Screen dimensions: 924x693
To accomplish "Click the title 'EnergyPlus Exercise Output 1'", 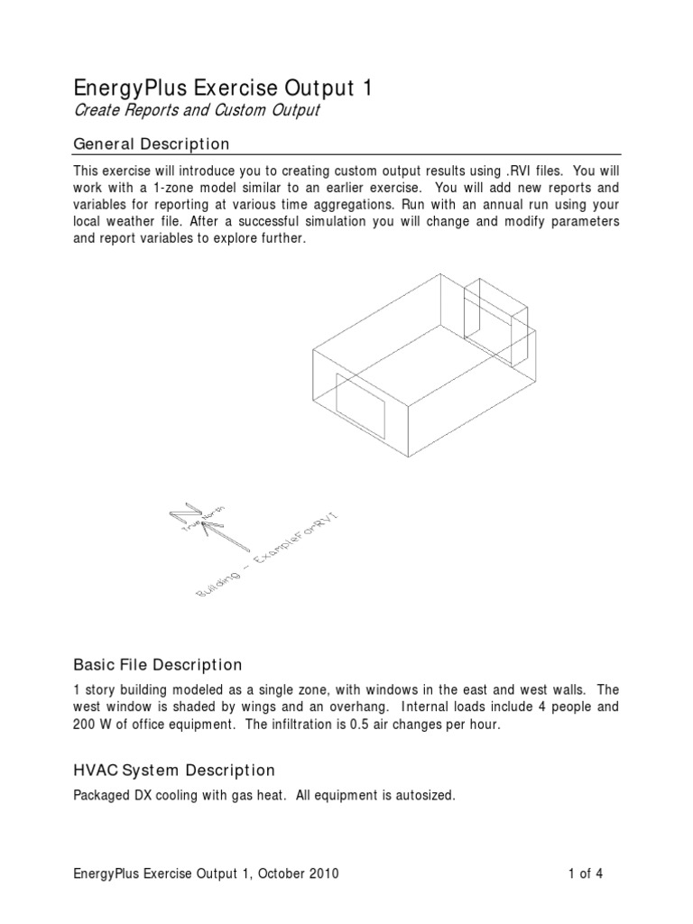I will (220, 88).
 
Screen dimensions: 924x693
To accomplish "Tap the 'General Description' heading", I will (151, 144).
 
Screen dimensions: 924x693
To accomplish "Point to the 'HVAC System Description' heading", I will (173, 770).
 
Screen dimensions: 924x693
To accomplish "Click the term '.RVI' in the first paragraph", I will (516, 171).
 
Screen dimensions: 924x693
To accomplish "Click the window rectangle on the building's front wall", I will (360, 414).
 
